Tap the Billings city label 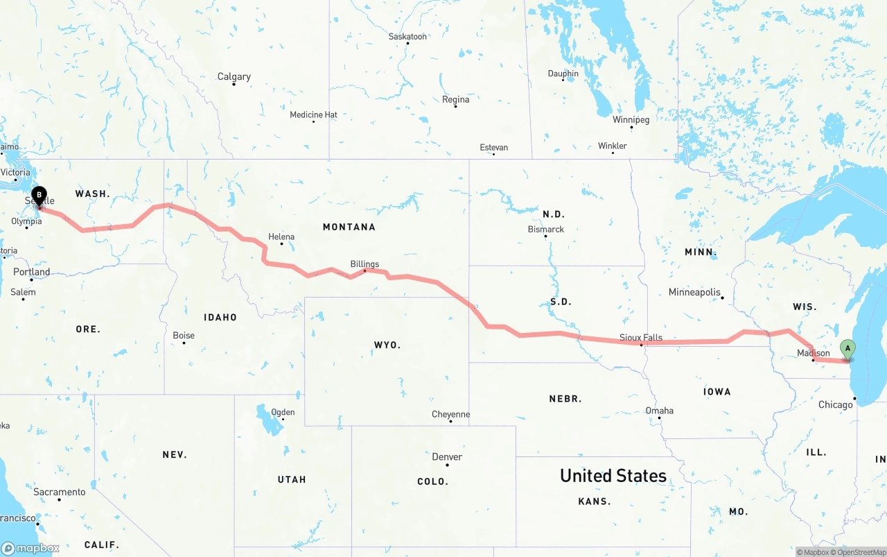pos(365,264)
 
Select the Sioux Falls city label pos(641,338)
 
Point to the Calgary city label pos(234,77)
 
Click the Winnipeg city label pos(631,120)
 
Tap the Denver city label pos(447,457)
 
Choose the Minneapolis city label pos(694,292)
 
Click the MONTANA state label pos(349,227)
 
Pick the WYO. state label pos(387,345)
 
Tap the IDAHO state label pos(220,317)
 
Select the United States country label pos(613,476)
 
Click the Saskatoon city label pos(407,36)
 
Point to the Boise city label pos(184,336)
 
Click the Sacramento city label pos(60,492)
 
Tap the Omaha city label pos(659,411)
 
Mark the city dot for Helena pos(281,244)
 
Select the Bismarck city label pos(546,229)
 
